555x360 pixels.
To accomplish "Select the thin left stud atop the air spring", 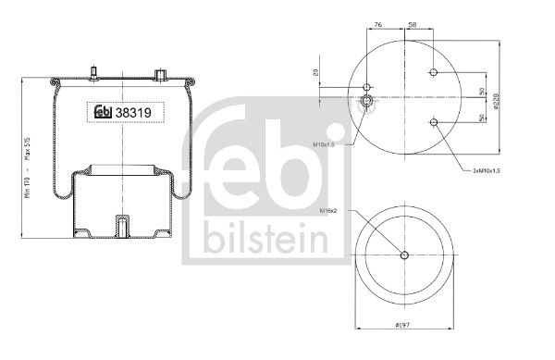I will tap(94, 70).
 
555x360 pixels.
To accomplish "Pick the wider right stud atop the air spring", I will tap(160, 71).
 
